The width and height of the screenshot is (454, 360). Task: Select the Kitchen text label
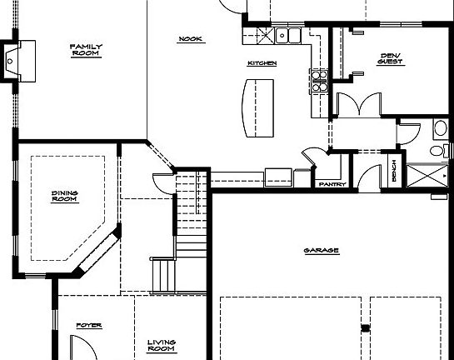tap(262, 63)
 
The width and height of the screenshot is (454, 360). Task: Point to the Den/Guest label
tap(391, 58)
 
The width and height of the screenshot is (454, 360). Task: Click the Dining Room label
tap(64, 197)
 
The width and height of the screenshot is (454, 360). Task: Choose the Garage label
tap(321, 250)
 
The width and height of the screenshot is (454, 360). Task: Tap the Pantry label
tap(330, 183)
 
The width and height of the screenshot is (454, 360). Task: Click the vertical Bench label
tap(393, 171)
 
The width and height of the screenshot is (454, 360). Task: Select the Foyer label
tap(89, 325)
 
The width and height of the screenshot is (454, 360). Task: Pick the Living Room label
tap(161, 344)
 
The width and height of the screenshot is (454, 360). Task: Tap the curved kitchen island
tap(257, 106)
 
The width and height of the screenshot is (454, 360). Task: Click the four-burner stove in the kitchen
tap(318, 80)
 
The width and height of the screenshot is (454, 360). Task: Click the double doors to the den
tap(358, 103)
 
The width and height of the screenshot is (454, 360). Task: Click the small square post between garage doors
tap(364, 327)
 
